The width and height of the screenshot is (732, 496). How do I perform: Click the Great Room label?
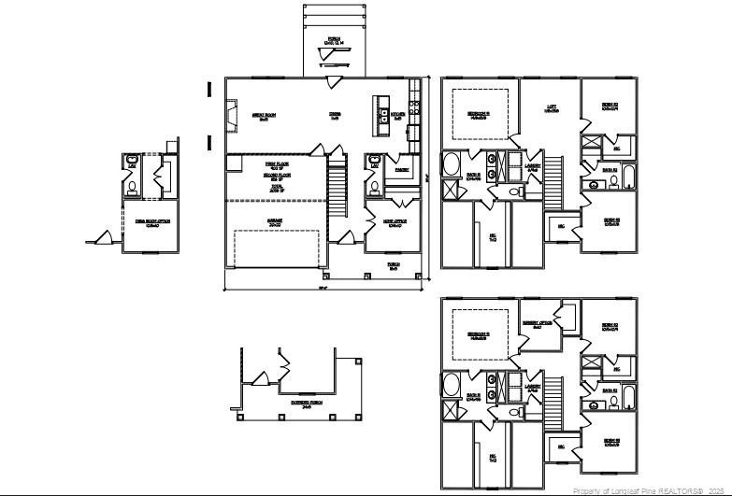click(264, 117)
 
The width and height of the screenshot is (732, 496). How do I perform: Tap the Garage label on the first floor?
click(275, 223)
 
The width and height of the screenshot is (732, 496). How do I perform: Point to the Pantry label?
click(402, 170)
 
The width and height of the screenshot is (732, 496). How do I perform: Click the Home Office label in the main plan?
click(394, 222)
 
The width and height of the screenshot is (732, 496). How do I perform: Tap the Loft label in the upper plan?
click(552, 107)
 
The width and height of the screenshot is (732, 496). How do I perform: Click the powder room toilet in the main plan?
click(376, 186)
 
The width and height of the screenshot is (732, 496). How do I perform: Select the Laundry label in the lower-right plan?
click(533, 387)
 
